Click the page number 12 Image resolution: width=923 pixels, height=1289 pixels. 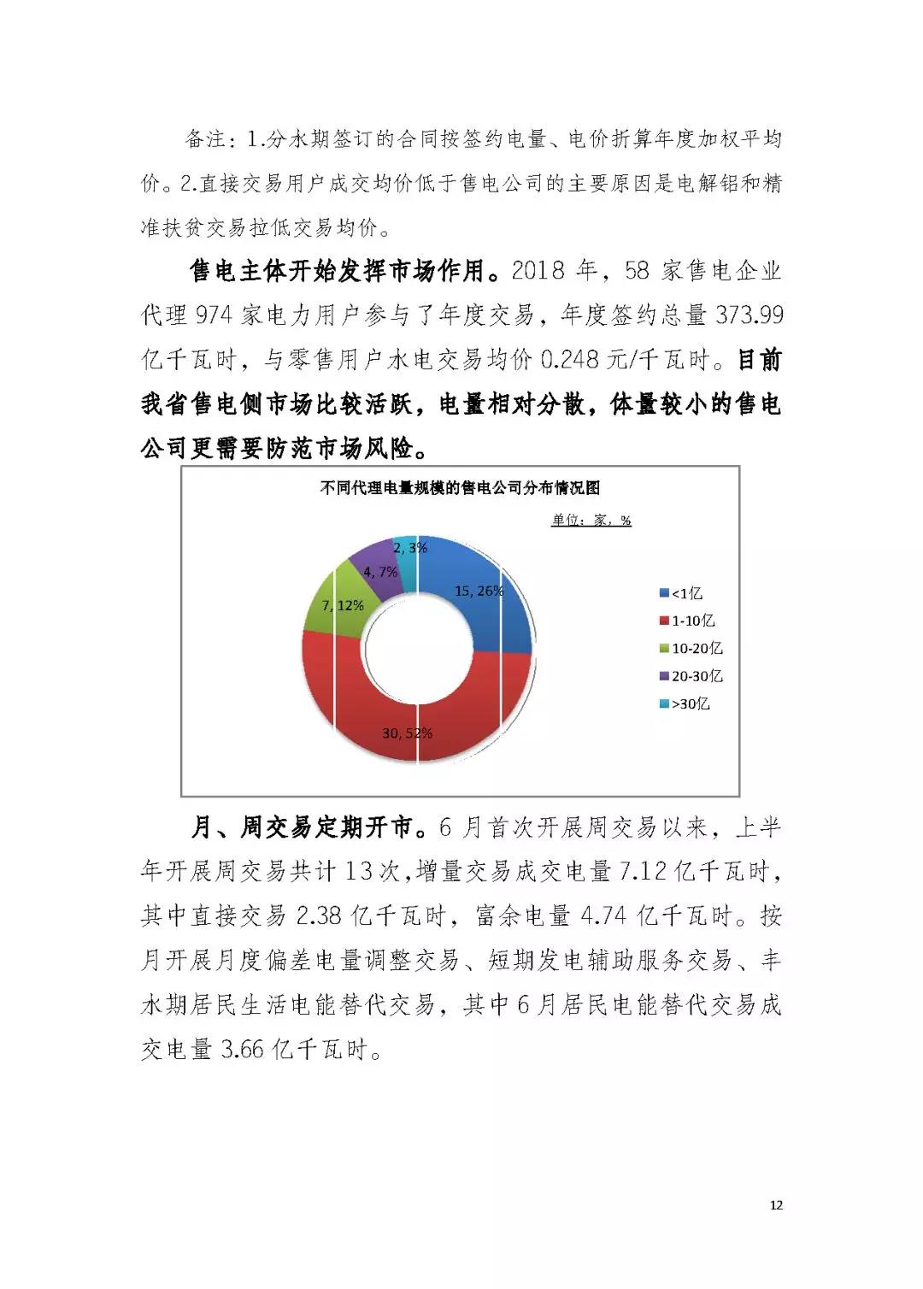[776, 1205]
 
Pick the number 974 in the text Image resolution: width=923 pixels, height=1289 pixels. [214, 315]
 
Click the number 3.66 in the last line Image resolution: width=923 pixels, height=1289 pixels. [244, 1050]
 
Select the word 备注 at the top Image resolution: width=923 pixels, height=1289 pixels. [205, 138]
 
